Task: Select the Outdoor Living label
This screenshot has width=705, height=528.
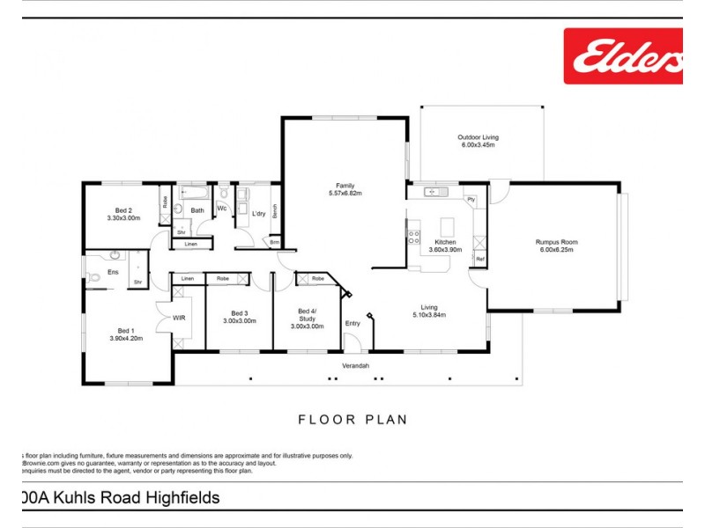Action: tap(478, 137)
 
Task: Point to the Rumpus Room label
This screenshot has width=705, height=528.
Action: tap(557, 242)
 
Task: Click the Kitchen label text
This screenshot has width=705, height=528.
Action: tap(445, 242)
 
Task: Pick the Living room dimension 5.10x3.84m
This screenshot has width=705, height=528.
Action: tap(428, 315)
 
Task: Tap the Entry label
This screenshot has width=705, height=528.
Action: tap(352, 323)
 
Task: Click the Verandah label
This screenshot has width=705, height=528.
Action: tap(355, 365)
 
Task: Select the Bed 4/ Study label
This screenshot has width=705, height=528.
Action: tap(306, 314)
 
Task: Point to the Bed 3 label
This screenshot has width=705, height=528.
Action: tap(239, 313)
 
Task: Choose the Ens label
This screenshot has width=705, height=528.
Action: tap(113, 272)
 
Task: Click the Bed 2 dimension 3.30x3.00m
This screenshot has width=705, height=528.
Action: tap(123, 217)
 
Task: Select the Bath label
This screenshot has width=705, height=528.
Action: tap(197, 210)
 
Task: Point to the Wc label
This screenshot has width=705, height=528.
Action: tap(222, 209)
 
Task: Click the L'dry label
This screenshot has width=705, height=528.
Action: tap(258, 214)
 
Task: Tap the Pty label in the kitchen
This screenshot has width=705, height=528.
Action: tap(471, 200)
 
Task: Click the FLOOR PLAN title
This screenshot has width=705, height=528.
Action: tap(352, 420)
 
